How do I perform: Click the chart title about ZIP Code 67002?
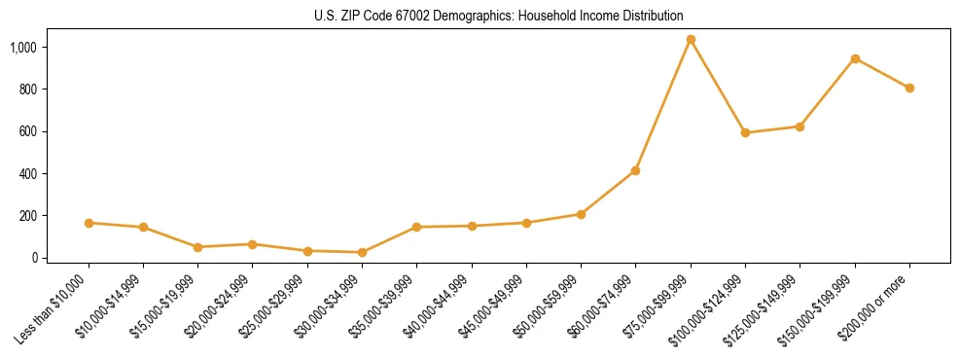[x=480, y=17]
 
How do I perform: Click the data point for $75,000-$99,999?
[x=691, y=40]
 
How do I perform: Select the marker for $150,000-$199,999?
[x=855, y=59]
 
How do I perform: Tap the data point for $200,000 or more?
[x=909, y=88]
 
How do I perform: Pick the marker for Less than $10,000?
[x=89, y=223]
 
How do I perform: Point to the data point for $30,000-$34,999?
[x=362, y=252]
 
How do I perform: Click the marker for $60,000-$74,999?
[x=635, y=170]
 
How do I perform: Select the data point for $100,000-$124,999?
[x=745, y=132]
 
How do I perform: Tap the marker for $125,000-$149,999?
[x=800, y=126]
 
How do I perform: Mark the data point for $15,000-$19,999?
[x=197, y=247]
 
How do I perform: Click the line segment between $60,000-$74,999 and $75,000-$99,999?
[x=663, y=105]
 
